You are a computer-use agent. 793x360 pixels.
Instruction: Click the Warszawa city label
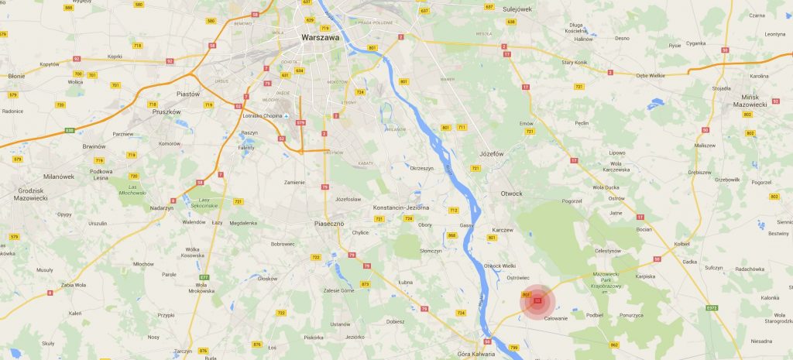pos(319,36)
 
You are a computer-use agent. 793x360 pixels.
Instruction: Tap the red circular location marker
pos(537,300)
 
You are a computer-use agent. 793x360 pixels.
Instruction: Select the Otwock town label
pos(511,193)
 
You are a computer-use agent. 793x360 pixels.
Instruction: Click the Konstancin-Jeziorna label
pos(401,208)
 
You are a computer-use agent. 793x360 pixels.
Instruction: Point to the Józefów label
pos(492,153)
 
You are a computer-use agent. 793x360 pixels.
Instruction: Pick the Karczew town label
pos(503,229)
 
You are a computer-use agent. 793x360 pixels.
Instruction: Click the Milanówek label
pos(58,177)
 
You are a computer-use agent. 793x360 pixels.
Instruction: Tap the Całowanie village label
pos(556,318)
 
